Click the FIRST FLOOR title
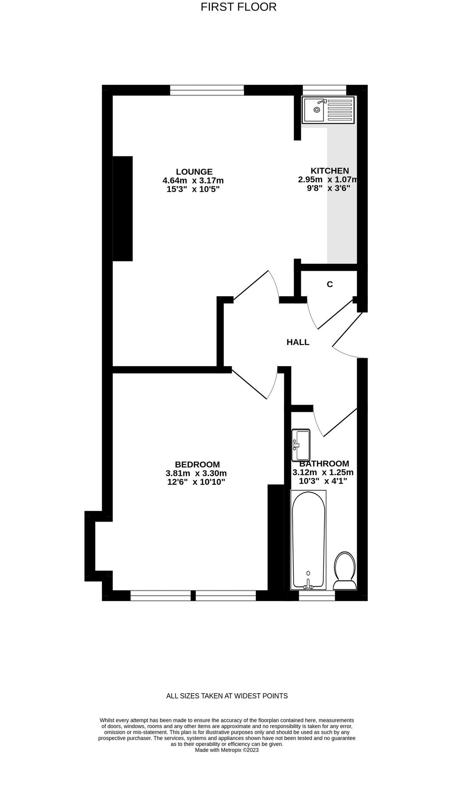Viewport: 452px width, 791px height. pos(239,7)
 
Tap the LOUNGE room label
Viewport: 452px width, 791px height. pos(194,172)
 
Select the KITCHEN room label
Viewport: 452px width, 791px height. pos(330,171)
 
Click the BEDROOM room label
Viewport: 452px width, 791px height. pos(197,464)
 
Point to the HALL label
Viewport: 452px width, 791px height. pos(298,342)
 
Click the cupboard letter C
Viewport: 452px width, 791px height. pos(330,284)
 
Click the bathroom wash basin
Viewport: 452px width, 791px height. pos(301,445)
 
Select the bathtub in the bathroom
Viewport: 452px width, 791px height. pos(309,540)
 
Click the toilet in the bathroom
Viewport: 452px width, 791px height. pos(344,571)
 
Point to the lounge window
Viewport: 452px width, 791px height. pos(207,90)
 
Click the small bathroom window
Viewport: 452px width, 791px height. pos(317,595)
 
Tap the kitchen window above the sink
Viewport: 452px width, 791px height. pos(324,90)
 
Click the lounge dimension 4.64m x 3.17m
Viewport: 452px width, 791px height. pos(193,181)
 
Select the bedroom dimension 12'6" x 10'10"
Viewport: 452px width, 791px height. pos(196,482)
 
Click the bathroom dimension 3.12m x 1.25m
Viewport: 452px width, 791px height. pos(323,473)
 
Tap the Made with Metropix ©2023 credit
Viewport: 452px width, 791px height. pos(227,750)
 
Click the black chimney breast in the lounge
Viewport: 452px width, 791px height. pos(122,209)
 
